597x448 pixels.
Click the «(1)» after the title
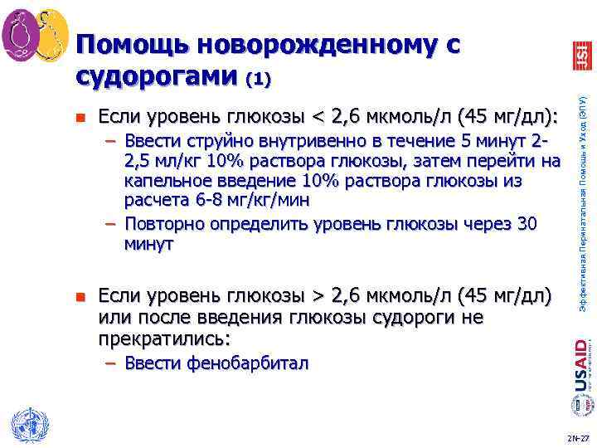tap(258, 80)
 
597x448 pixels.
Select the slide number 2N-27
tap(578, 437)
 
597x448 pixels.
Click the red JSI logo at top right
tap(581, 55)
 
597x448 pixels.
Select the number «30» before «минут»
tap(527, 224)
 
